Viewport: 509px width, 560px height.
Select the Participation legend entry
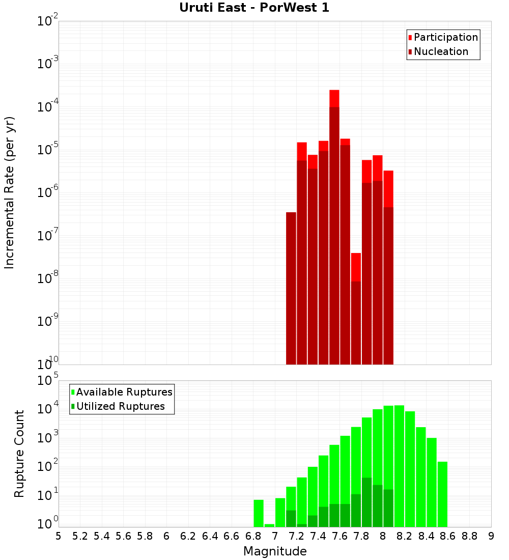pos(446,37)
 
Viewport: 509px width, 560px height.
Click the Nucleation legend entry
pos(441,51)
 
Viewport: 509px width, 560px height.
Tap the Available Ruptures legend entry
pos(124,392)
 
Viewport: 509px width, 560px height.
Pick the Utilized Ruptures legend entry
pos(120,406)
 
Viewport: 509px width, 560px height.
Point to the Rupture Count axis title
pos(19,453)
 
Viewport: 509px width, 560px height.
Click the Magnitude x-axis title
pos(275,551)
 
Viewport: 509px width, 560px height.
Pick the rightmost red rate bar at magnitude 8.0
pos(388,265)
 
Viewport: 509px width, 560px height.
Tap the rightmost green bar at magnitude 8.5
pos(442,494)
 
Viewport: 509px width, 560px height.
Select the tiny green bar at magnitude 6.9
pos(269,525)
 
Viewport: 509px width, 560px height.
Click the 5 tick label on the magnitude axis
pos(59,536)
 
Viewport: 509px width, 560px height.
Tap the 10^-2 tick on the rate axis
pos(48,21)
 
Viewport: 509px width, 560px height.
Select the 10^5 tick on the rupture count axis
pos(48,380)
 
